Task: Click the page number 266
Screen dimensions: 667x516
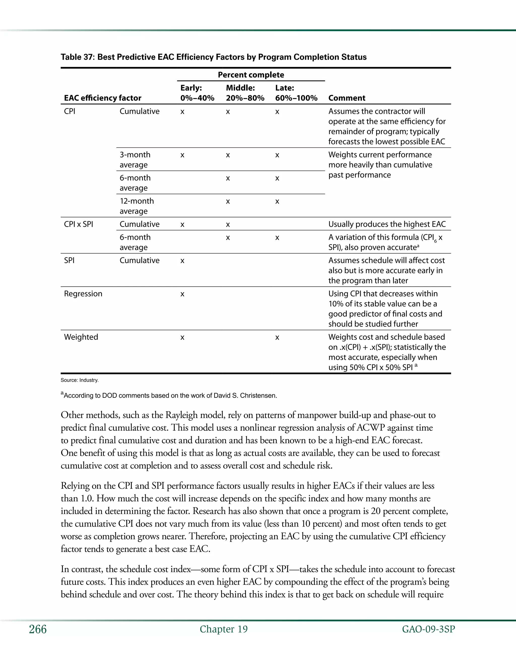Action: point(38,629)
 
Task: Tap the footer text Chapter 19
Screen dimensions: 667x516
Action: point(224,629)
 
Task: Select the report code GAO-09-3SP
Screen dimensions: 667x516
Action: point(428,629)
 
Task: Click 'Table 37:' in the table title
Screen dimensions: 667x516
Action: point(78,57)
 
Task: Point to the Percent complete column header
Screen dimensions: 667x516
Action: point(251,75)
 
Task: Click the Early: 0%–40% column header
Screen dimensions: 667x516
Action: point(197,93)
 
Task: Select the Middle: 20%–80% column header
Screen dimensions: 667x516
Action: point(245,93)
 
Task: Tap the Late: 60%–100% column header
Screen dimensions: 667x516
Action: point(296,93)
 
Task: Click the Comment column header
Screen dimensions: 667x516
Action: point(347,98)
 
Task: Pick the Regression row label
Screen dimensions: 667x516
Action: point(83,294)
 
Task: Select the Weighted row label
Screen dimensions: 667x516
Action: point(81,337)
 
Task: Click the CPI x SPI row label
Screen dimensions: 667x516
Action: point(79,224)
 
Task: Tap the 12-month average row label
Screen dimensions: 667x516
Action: point(137,206)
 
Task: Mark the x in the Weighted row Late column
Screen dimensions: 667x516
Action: point(277,338)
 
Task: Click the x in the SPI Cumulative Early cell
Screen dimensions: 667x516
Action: point(182,261)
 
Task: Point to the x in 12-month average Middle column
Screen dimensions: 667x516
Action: point(228,202)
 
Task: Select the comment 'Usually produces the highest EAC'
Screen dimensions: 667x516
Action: point(387,224)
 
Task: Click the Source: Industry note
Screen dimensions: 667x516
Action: point(79,380)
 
